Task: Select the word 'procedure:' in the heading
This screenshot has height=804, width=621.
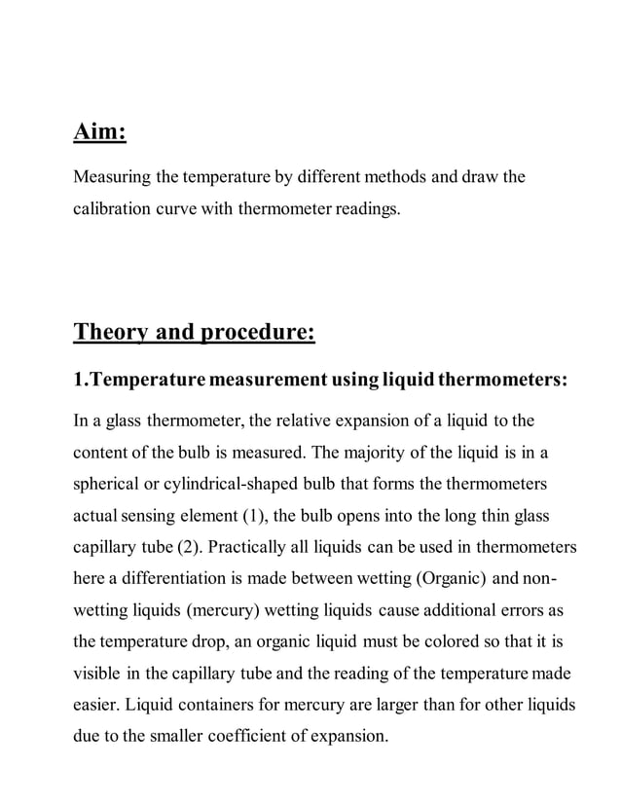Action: pos(257,334)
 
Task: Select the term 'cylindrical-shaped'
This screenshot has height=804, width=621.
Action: pos(241,484)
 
